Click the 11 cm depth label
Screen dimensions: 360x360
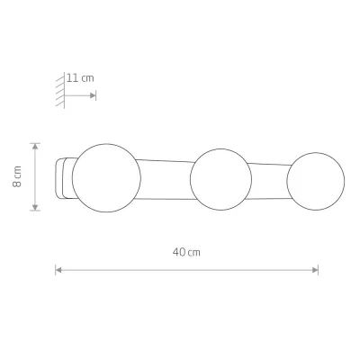pos(80,78)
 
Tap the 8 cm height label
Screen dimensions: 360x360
pos(17,176)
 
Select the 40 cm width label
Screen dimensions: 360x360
pos(186,252)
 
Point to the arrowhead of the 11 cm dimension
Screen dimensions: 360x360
pos(93,95)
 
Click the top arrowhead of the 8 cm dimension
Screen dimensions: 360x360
pos(35,147)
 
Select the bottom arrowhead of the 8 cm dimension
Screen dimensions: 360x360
pos(35,207)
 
